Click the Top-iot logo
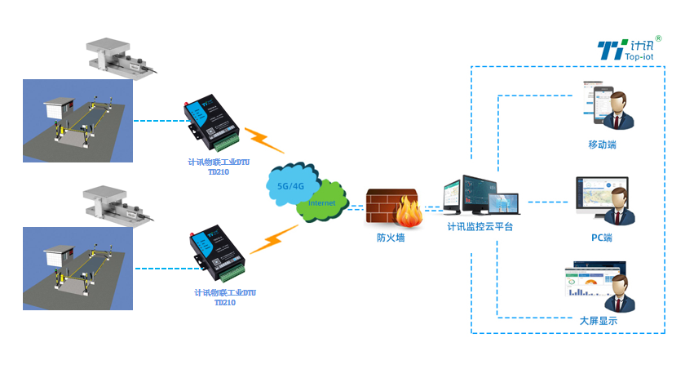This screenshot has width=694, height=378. click(x=629, y=50)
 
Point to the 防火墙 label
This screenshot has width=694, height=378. click(x=391, y=238)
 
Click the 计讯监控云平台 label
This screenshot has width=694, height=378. click(x=480, y=226)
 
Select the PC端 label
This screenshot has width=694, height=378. click(x=602, y=238)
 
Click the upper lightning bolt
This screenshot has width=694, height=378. click(x=264, y=140)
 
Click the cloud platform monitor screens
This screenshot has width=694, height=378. click(x=480, y=197)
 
